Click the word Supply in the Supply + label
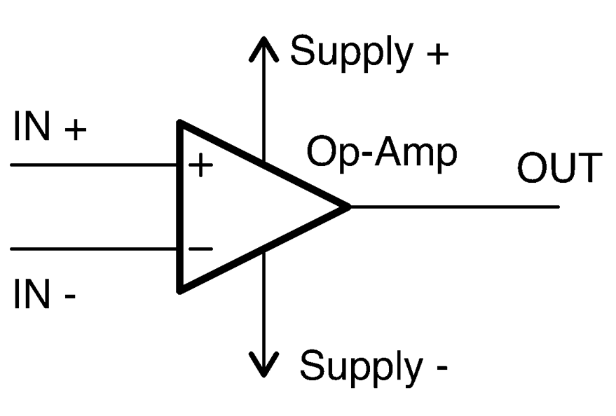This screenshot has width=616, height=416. pos(351,53)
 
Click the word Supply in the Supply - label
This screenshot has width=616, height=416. pos(360,365)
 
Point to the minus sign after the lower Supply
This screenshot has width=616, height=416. pos(440,368)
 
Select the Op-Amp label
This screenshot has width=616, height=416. pos(382,153)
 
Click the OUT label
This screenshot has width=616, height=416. pos(559,168)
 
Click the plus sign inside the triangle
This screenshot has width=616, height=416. pos(200,166)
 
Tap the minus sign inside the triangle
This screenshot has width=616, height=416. pos(200,249)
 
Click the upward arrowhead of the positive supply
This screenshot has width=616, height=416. pos(264,43)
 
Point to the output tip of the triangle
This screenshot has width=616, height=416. pos(348,207)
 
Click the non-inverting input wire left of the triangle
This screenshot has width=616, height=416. pos(91,165)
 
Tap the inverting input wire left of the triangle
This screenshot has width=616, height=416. pos(91,249)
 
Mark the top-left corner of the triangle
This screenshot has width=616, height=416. pos(182,125)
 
